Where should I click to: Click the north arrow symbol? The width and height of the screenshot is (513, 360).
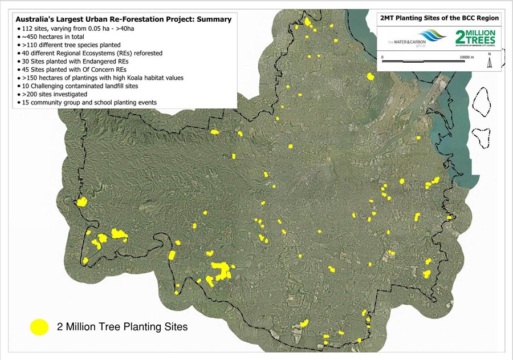coord(489,61)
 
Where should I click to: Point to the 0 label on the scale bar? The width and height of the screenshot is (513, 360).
coord(382,58)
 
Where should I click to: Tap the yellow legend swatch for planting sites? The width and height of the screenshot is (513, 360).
coord(40,327)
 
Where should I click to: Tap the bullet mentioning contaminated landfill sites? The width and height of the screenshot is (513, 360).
coord(85,86)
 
